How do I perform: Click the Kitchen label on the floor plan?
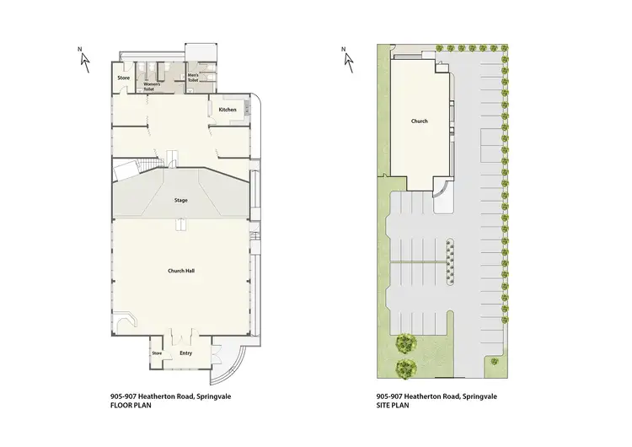pyautogui.click(x=228, y=110)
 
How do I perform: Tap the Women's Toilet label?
pyautogui.click(x=153, y=86)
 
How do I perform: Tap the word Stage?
pyautogui.click(x=180, y=200)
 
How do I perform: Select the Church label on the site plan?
pyautogui.click(x=419, y=121)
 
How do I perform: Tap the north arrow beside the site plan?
pyautogui.click(x=345, y=56)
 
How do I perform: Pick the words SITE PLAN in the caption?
pyautogui.click(x=392, y=404)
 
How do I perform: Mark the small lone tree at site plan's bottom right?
pyautogui.click(x=494, y=361)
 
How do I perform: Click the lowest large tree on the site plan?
pyautogui.click(x=406, y=366)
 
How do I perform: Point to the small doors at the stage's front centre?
pyautogui.click(x=179, y=224)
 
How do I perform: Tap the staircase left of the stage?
pyautogui.click(x=148, y=162)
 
